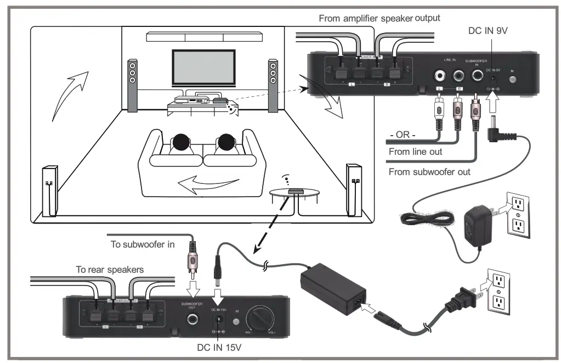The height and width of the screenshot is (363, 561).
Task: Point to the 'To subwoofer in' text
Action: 143,244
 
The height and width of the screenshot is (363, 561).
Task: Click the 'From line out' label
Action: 415,152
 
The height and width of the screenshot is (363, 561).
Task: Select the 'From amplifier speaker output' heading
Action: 379,19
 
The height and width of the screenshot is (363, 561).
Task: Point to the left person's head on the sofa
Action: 182,143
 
